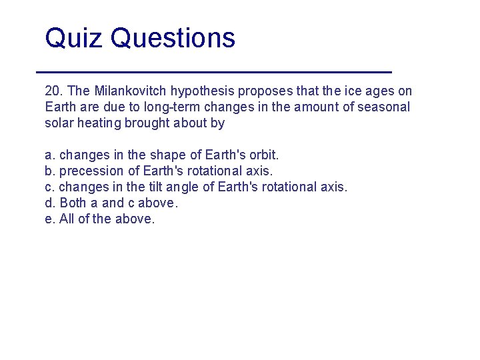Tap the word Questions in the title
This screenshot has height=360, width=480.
[x=173, y=38]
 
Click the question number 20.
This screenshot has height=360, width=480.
[x=53, y=91]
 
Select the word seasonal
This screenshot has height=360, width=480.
[x=385, y=107]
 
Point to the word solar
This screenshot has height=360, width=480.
[x=58, y=123]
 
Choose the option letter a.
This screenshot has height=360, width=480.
[x=49, y=155]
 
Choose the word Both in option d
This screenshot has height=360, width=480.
[x=73, y=203]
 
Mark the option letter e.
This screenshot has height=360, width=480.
[x=49, y=219]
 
